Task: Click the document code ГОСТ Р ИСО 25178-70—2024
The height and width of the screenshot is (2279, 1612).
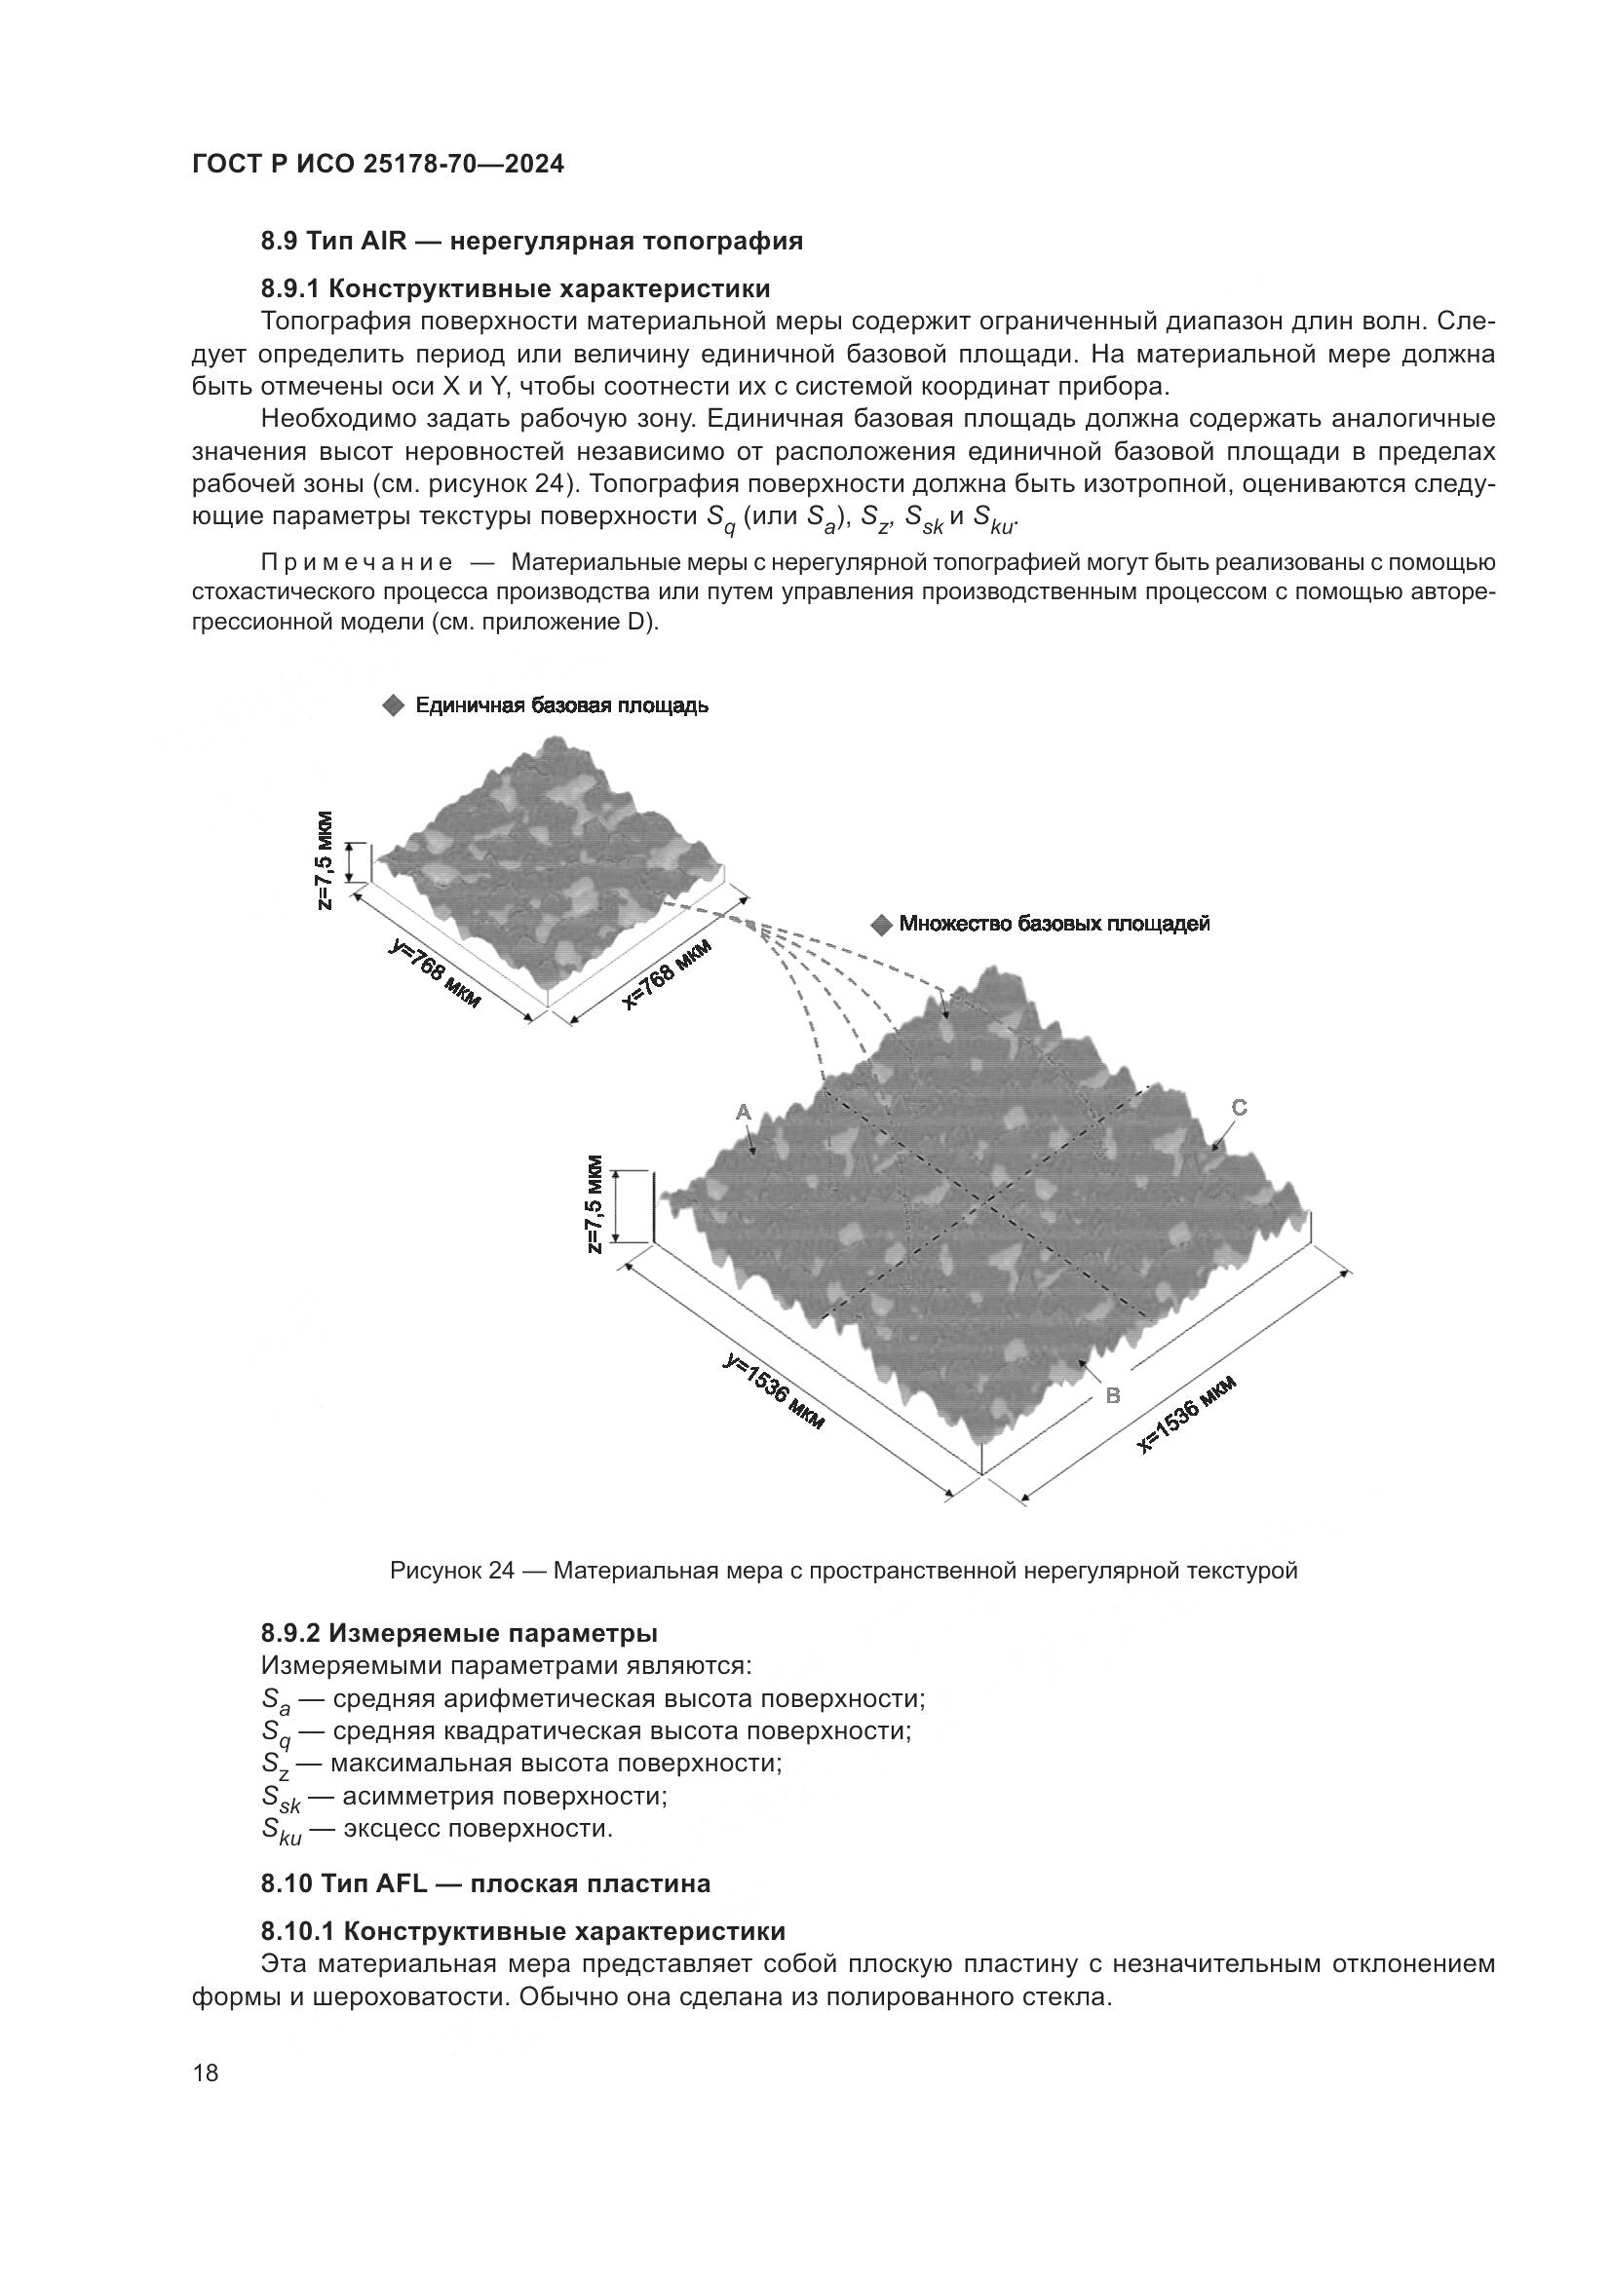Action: pyautogui.click(x=378, y=165)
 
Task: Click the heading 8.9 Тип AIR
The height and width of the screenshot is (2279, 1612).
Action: pyautogui.click(x=532, y=242)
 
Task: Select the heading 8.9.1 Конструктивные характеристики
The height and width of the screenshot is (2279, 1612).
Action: pyautogui.click(x=517, y=288)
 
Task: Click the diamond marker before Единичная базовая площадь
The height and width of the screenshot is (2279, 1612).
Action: pyautogui.click(x=393, y=705)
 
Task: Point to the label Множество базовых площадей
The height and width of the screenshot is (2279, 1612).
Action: pyautogui.click(x=1055, y=924)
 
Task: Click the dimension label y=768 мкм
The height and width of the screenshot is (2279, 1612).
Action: pyautogui.click(x=435, y=975)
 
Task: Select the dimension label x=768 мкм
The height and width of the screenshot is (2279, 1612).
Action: pyautogui.click(x=667, y=973)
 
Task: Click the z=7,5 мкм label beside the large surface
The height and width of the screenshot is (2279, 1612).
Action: pyautogui.click(x=594, y=1204)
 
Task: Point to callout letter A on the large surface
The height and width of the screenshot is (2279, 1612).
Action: pyautogui.click(x=743, y=1114)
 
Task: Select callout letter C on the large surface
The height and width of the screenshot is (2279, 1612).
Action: pyautogui.click(x=1239, y=1108)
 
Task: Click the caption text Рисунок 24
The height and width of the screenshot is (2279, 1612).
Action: pyautogui.click(x=452, y=1572)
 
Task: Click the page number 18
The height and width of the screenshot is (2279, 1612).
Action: pyautogui.click(x=206, y=2073)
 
